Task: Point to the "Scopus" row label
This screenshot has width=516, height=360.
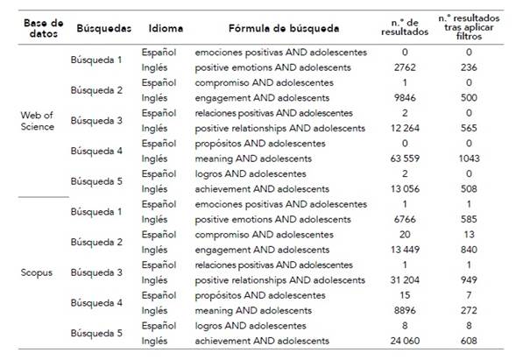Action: click(37, 272)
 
